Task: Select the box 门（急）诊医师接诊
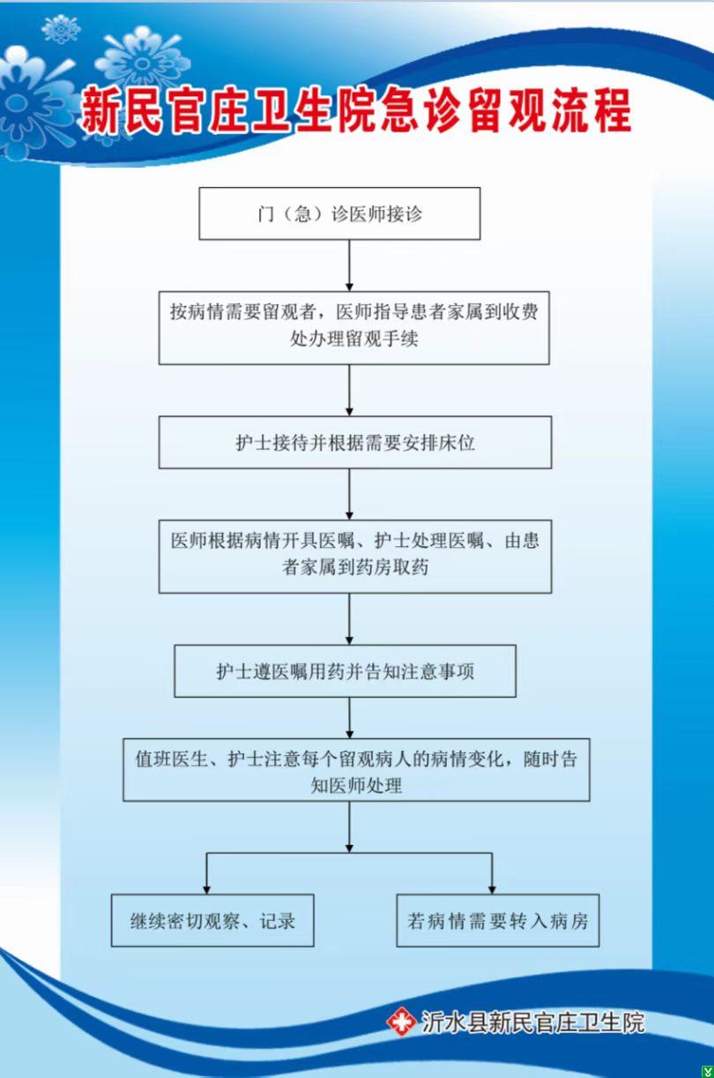pyautogui.click(x=339, y=213)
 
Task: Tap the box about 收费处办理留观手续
pyautogui.click(x=353, y=327)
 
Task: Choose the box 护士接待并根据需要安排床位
pyautogui.click(x=355, y=442)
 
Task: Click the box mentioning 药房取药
pyautogui.click(x=355, y=556)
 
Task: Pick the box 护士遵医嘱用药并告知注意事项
pyautogui.click(x=345, y=670)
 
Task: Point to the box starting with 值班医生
pyautogui.click(x=356, y=771)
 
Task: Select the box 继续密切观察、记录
pyautogui.click(x=212, y=921)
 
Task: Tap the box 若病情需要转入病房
pyautogui.click(x=498, y=921)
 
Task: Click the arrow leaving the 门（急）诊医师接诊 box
pyautogui.click(x=350, y=266)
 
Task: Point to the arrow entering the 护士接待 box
pyautogui.click(x=350, y=390)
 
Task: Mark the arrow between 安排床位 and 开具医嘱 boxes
pyautogui.click(x=350, y=494)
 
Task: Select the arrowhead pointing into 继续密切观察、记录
pyautogui.click(x=207, y=890)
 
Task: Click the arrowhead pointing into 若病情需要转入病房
pyautogui.click(x=492, y=890)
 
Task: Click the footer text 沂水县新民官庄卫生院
pyautogui.click(x=532, y=1022)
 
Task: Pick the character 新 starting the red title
pyautogui.click(x=100, y=111)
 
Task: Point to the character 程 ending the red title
pyautogui.click(x=610, y=110)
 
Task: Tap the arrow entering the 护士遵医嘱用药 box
pyautogui.click(x=350, y=619)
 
